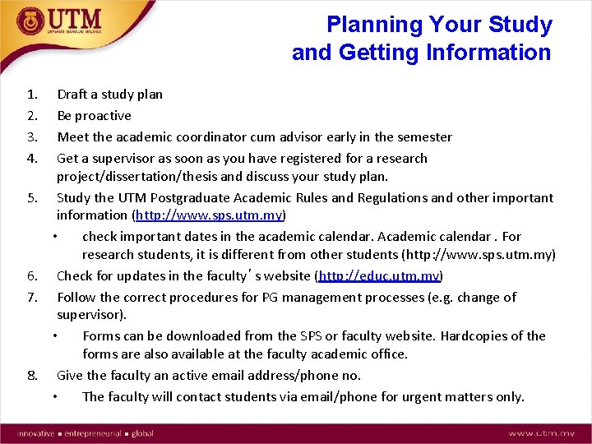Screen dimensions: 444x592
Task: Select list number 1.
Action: (x=31, y=95)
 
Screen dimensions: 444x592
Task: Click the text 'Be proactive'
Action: (x=94, y=116)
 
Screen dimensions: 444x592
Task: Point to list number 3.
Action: (x=31, y=137)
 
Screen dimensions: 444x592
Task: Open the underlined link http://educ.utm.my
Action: (x=379, y=275)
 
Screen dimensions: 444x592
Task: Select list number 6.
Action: (x=31, y=275)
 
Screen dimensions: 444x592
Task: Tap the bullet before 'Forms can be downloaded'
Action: (x=54, y=336)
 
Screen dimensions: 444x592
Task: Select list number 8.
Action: (x=31, y=376)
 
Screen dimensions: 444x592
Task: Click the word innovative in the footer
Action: (x=34, y=432)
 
